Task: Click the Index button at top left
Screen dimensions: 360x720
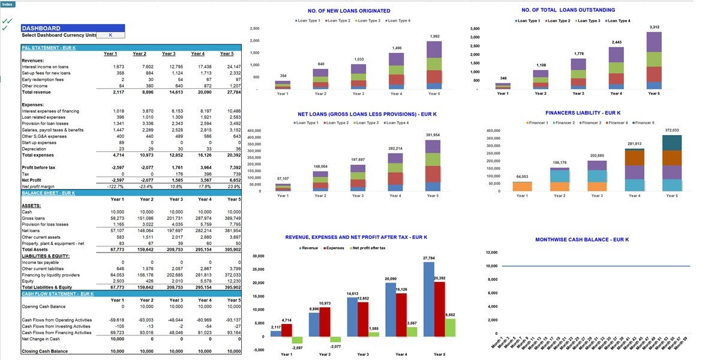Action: click(x=8, y=4)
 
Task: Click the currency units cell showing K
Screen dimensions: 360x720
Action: click(x=110, y=35)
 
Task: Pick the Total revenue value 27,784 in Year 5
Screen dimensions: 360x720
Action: click(x=233, y=92)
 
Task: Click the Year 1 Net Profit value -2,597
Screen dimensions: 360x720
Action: click(x=118, y=180)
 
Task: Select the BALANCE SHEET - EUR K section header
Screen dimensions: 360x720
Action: click(x=48, y=193)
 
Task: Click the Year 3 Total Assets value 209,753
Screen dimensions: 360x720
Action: click(x=176, y=249)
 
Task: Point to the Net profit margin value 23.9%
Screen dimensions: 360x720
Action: click(x=233, y=187)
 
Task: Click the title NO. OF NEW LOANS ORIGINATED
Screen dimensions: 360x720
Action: click(x=349, y=11)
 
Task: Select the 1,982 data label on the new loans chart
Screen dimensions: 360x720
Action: click(x=434, y=37)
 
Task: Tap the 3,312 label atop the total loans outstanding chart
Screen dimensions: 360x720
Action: click(x=654, y=27)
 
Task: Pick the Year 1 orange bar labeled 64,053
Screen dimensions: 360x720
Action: click(x=522, y=186)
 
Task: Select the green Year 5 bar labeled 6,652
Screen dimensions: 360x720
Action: click(x=449, y=327)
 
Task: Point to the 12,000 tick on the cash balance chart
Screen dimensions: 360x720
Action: click(x=491, y=253)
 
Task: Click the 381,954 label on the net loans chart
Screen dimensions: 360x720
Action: click(x=433, y=135)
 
